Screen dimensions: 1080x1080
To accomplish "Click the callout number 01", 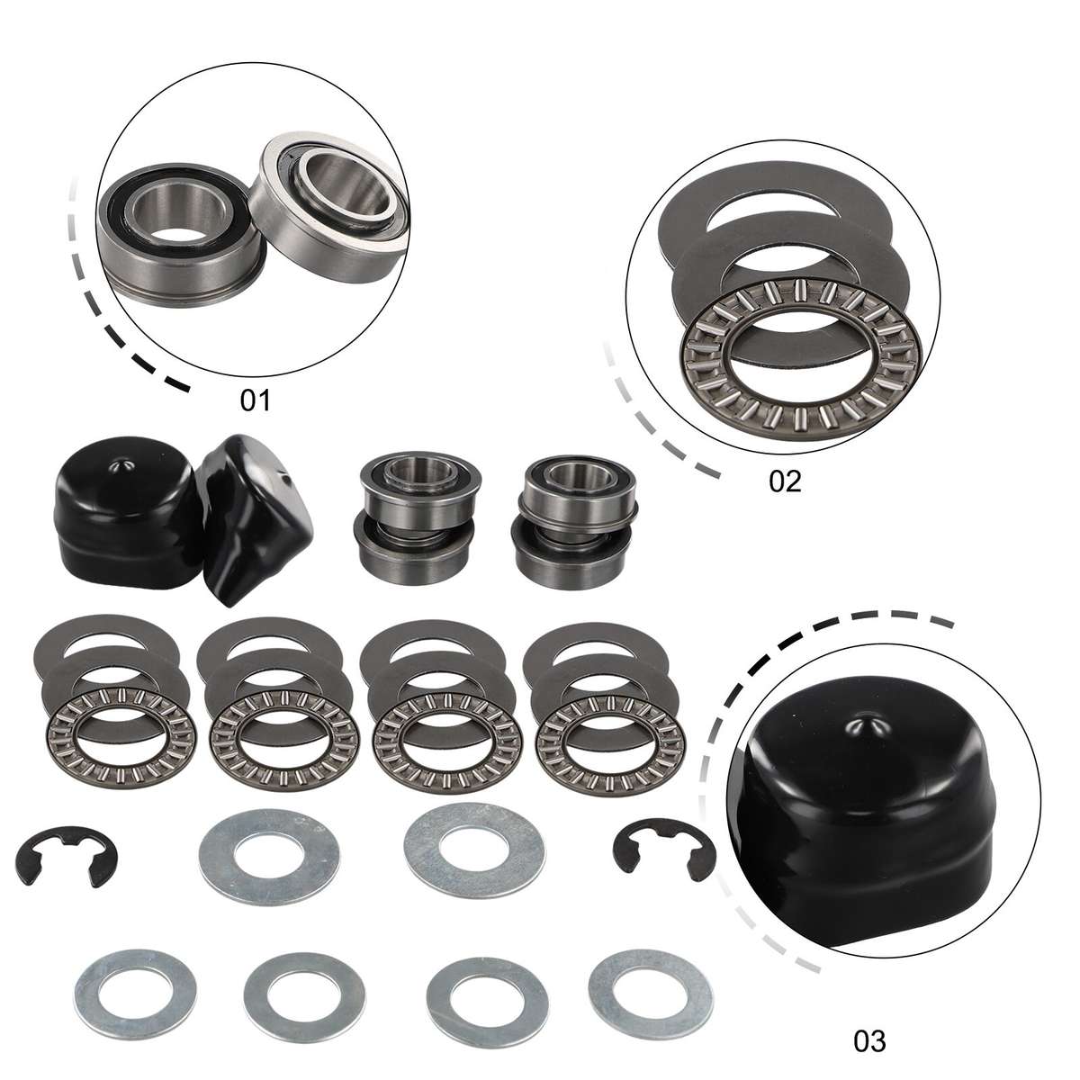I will pyautogui.click(x=255, y=400).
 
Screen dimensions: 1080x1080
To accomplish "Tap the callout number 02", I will pyautogui.click(x=784, y=481).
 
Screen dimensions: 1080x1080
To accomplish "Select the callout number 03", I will pyautogui.click(x=869, y=1041).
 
